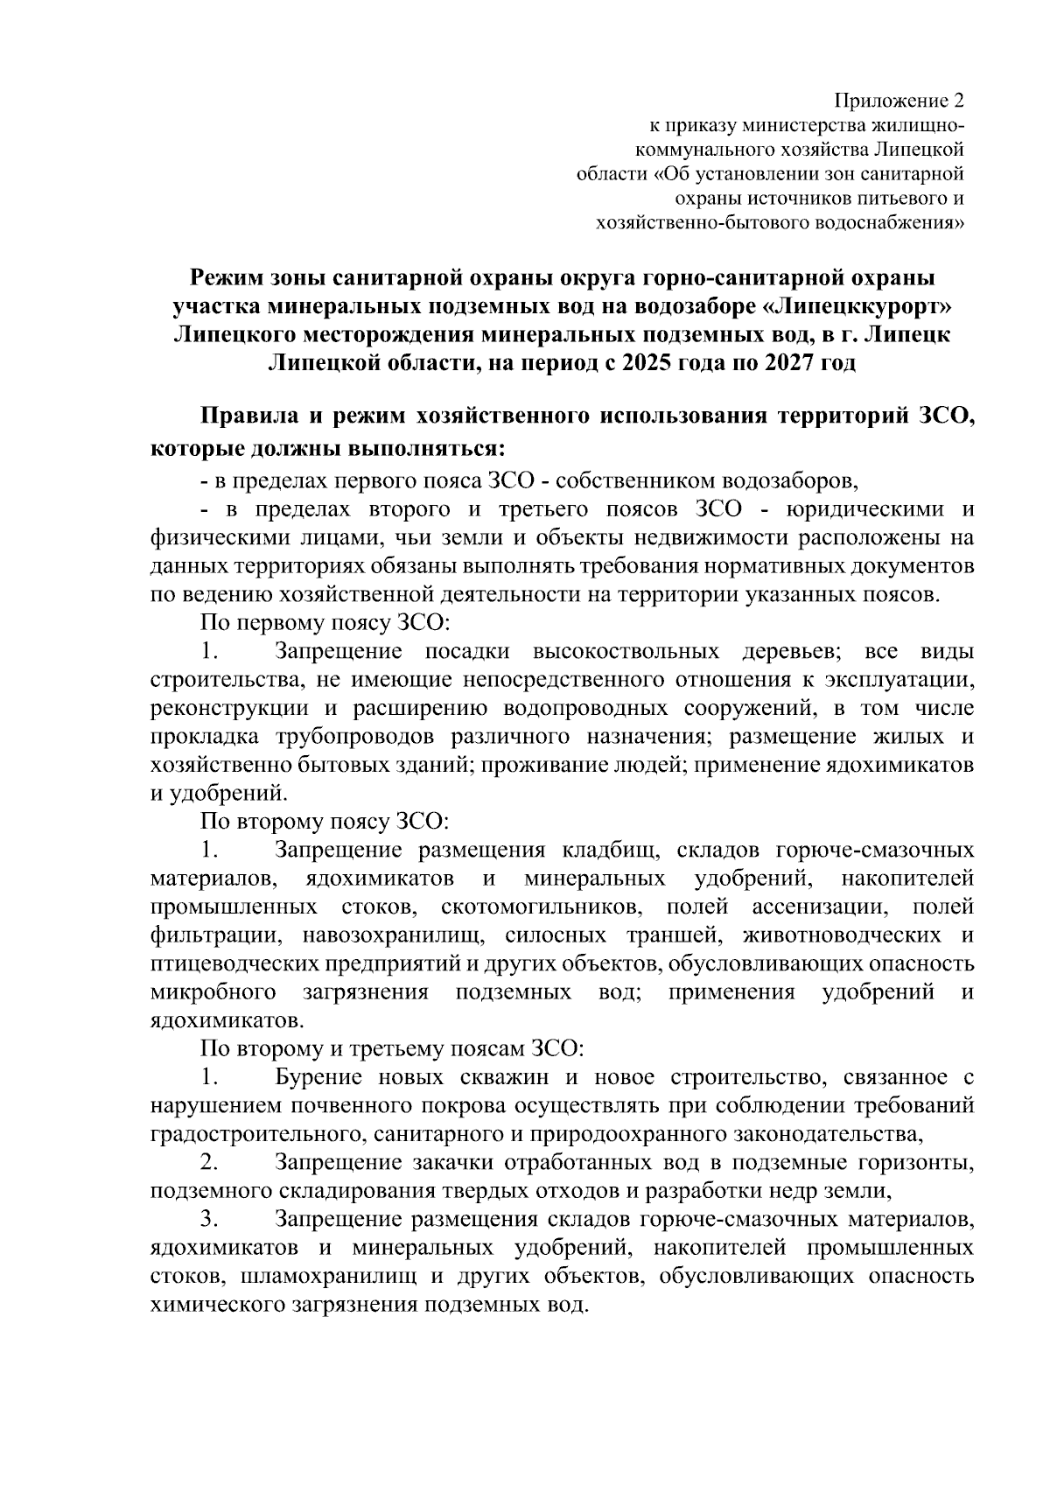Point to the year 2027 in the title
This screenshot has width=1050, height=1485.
784,363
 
